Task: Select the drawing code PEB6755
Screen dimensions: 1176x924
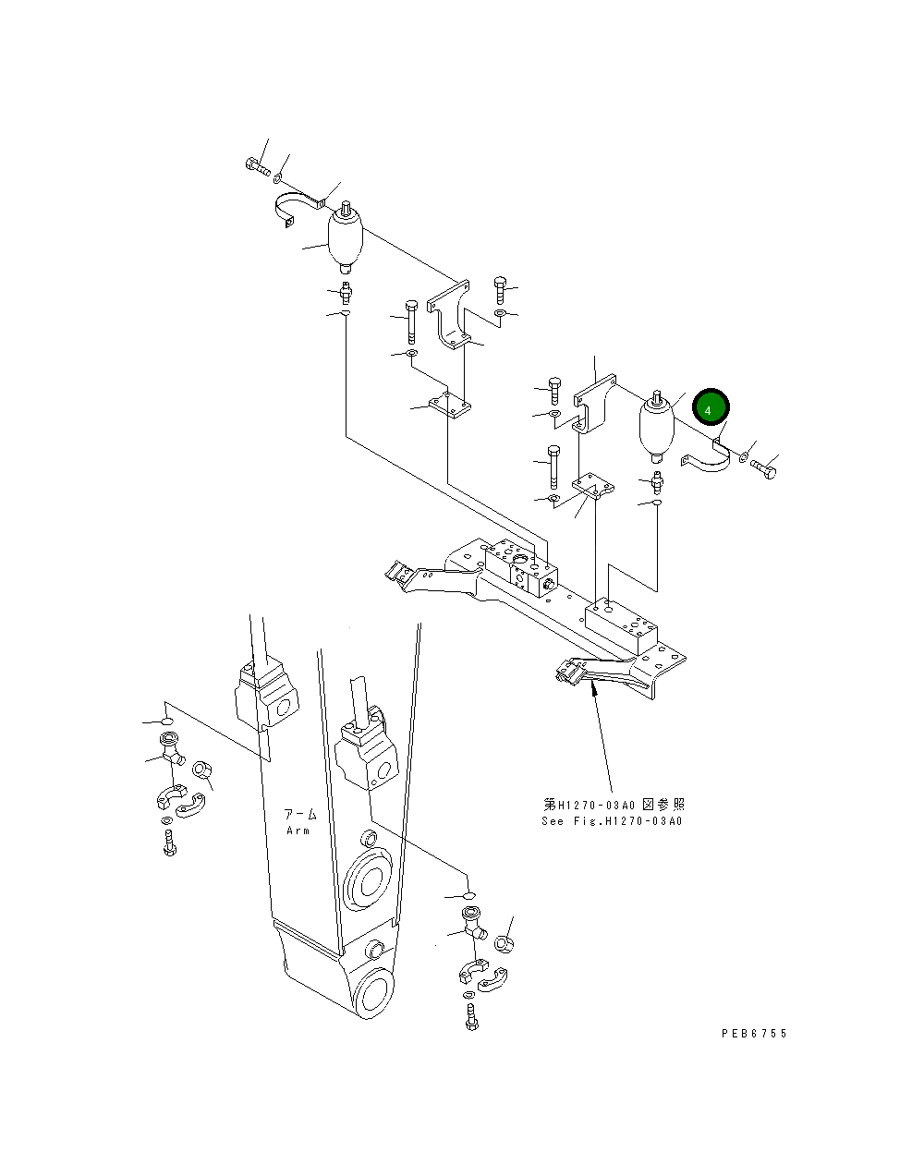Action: (754, 1034)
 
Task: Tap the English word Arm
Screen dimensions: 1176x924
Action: (298, 830)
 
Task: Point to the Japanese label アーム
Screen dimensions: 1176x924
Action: (300, 815)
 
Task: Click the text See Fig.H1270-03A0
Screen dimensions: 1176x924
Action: (612, 820)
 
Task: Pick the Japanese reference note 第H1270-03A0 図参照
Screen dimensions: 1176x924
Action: (614, 805)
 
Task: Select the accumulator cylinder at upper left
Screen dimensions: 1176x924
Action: (346, 241)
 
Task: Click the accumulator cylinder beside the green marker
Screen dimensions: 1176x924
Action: (657, 426)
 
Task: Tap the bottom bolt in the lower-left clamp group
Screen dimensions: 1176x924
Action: (169, 843)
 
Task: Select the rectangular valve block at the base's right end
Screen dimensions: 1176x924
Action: (621, 624)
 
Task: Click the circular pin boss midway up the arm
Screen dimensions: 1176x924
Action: (368, 881)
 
